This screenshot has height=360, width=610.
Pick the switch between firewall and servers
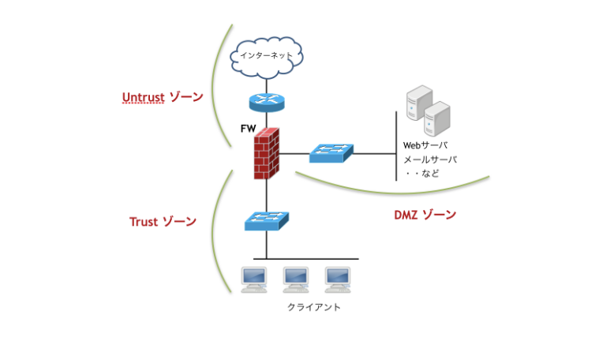click(331, 153)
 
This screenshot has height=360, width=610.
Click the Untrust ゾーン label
click(162, 98)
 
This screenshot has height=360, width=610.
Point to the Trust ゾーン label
click(163, 222)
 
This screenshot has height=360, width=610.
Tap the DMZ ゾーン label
click(425, 215)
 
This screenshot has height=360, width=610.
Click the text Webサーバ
click(425, 145)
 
